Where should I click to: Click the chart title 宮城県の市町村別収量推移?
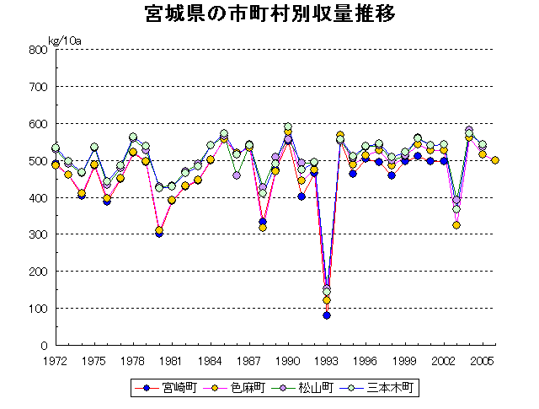(x=269, y=15)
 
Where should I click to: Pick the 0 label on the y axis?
(x=42, y=346)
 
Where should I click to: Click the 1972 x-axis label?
(x=55, y=360)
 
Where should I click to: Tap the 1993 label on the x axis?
(x=327, y=360)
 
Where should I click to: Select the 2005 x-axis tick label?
(x=482, y=360)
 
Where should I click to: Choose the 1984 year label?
(x=211, y=360)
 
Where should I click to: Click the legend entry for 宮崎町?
(x=171, y=388)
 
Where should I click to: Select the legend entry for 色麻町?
(x=240, y=388)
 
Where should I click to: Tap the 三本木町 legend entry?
(x=383, y=388)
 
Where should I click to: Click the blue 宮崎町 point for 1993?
(x=327, y=315)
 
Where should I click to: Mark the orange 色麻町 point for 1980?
(x=159, y=230)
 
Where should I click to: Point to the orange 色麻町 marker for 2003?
(x=456, y=225)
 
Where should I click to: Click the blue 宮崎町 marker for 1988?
(x=263, y=222)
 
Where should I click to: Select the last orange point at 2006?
(x=495, y=160)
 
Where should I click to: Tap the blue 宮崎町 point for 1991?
(x=302, y=196)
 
